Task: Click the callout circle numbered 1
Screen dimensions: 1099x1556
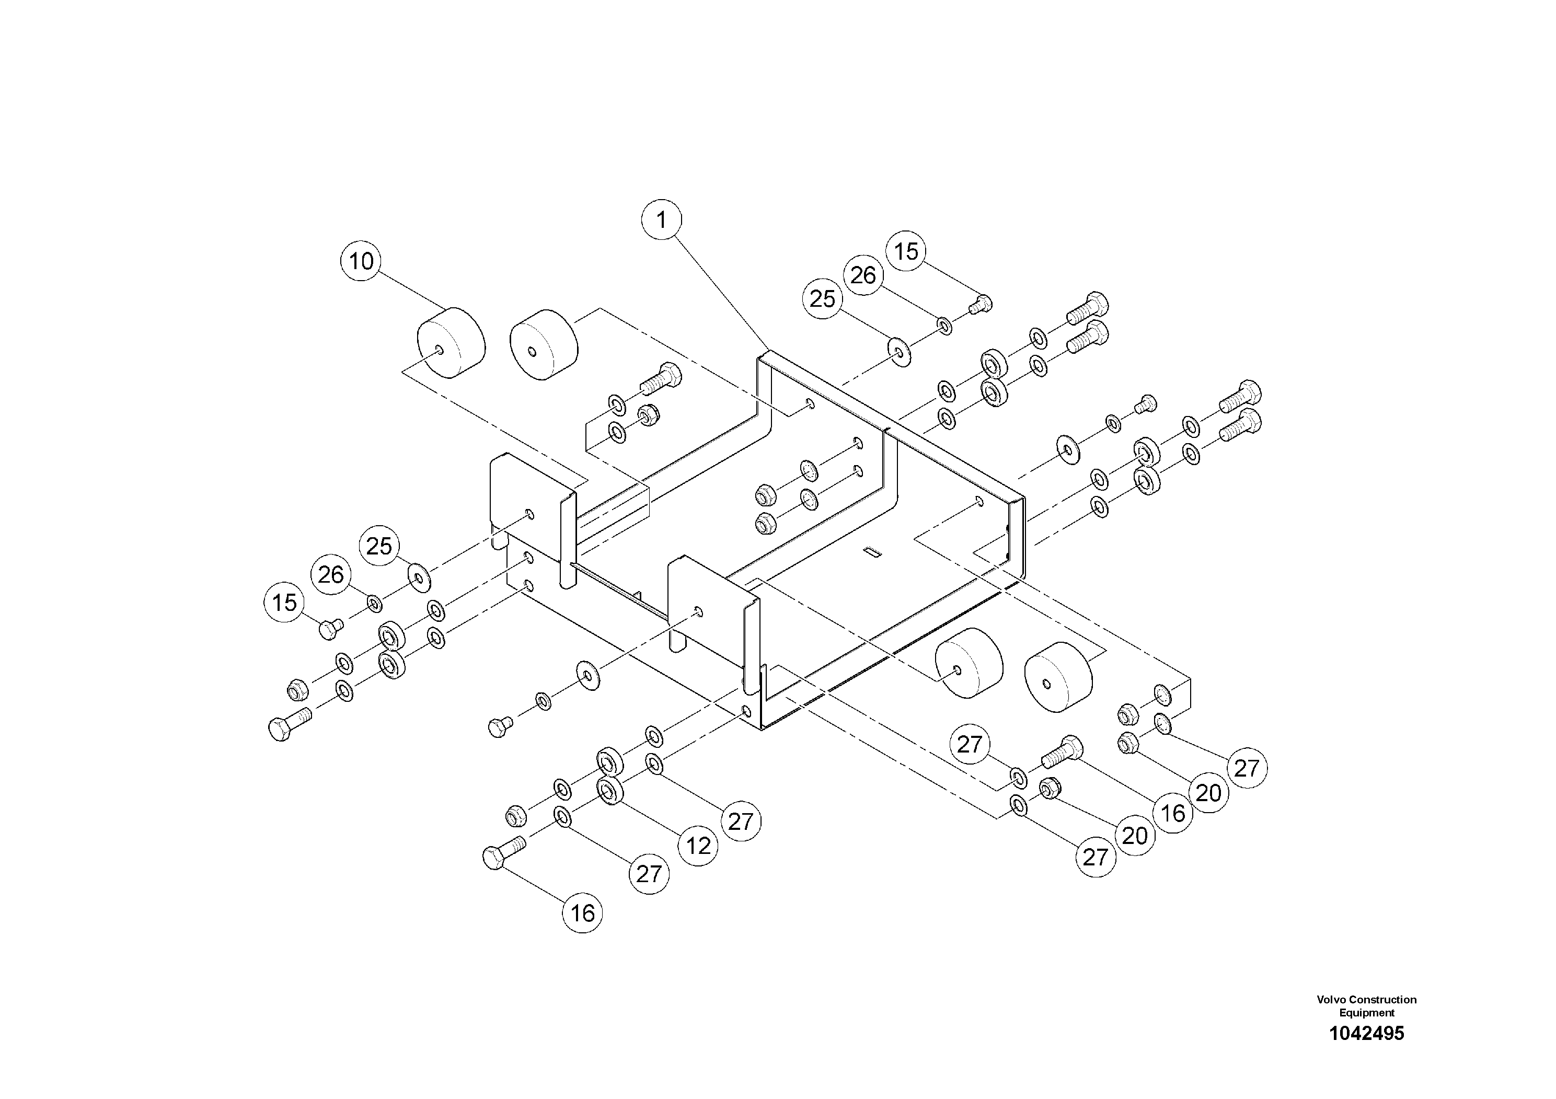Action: click(661, 219)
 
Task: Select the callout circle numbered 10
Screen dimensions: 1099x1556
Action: click(361, 261)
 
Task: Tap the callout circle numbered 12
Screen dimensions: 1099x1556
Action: click(699, 846)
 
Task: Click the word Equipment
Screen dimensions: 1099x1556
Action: click(1366, 1012)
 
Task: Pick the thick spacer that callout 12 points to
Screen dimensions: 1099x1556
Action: click(610, 791)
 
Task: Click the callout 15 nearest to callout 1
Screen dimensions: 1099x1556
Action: click(906, 251)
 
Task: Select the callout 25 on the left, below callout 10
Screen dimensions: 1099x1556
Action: click(379, 546)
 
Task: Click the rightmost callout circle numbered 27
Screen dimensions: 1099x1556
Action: click(1246, 768)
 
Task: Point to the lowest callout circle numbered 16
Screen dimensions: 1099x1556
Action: click(582, 913)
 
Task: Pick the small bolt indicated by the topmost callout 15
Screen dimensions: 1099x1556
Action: click(981, 304)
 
